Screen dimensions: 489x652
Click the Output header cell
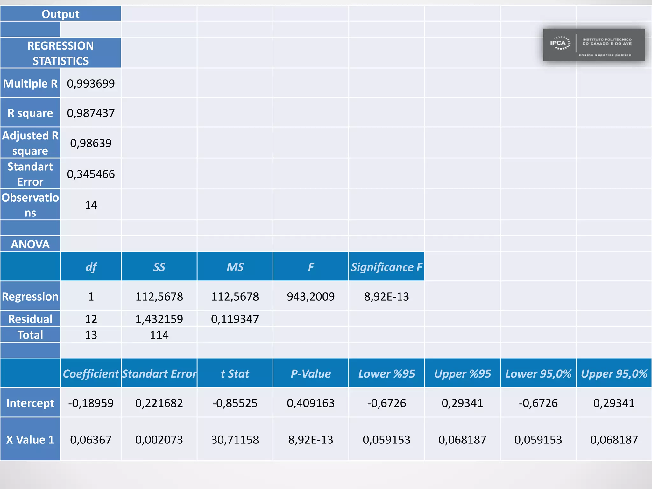point(60,14)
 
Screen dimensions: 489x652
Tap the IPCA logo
point(594,45)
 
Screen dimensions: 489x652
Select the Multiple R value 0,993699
point(91,84)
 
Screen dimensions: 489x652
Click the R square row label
point(30,113)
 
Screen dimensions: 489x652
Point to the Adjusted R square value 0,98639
point(91,143)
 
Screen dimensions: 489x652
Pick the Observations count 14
point(91,205)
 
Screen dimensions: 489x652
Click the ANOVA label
point(30,244)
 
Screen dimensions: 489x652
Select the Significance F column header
point(386,267)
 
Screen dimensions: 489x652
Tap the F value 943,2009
point(311,296)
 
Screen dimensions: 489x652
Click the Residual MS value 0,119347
point(235,319)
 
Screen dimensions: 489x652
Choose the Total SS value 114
point(159,335)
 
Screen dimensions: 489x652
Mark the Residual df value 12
point(91,319)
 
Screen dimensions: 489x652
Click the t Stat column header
point(235,373)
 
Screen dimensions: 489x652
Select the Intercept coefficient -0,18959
point(91,403)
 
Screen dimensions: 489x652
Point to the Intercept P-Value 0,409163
point(311,403)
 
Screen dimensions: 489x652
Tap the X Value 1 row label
point(30,440)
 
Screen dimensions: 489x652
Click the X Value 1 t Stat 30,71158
point(235,440)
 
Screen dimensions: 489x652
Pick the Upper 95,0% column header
point(614,373)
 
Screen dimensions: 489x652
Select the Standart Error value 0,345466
point(91,174)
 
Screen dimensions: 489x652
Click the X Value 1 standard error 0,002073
point(159,440)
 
